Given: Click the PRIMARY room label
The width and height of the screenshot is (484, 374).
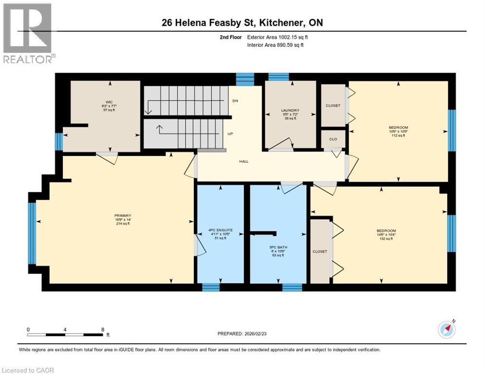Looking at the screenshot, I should tap(123, 215).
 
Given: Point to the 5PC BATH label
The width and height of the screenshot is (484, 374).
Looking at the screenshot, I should tap(279, 247).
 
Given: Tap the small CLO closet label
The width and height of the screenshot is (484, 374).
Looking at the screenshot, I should tap(333, 139).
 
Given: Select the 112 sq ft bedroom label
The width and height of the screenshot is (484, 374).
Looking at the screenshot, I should tap(398, 128).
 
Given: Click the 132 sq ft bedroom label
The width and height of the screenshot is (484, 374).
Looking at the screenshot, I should tap(386, 230).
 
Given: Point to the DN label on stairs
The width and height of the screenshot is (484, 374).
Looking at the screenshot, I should tap(236, 101).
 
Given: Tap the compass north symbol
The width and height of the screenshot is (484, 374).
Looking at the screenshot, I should tap(447, 330).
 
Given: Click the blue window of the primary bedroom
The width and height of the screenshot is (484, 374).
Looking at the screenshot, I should tap(32, 232).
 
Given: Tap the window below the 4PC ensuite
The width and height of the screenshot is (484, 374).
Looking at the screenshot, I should tap(210, 287).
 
